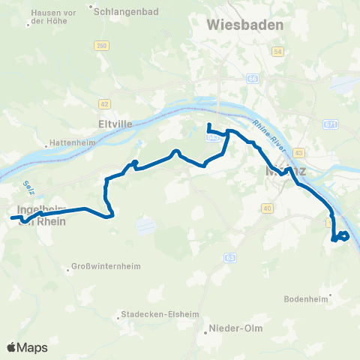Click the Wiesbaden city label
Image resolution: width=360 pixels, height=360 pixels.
tap(245, 25)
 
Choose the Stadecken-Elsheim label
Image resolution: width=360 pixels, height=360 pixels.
tap(153, 316)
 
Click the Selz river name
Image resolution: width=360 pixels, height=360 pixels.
tap(29, 184)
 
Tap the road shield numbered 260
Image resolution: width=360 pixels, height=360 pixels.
tap(100, 47)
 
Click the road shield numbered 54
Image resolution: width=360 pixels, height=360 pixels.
tap(278, 51)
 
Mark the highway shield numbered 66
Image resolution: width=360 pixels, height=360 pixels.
tap(253, 78)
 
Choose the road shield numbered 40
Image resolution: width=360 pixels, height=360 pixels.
tap(267, 207)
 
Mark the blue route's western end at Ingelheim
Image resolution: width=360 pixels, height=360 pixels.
tap(12, 217)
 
